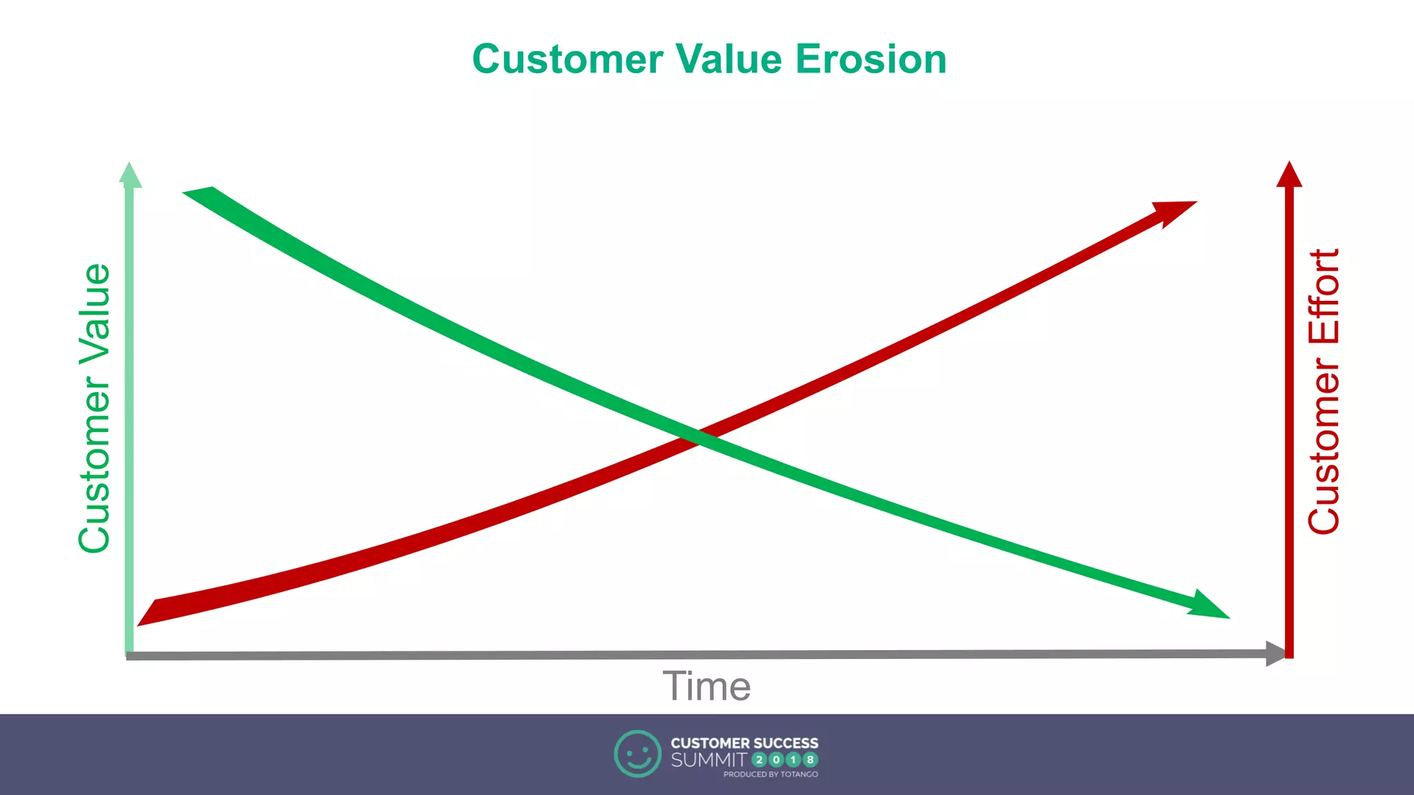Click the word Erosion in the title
(x=871, y=59)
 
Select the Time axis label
(x=706, y=686)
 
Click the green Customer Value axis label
(x=95, y=408)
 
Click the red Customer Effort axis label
(x=1324, y=391)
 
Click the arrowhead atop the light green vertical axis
(x=130, y=175)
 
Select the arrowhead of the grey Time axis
(x=1275, y=653)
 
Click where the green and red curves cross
(x=699, y=437)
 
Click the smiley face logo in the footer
(x=637, y=754)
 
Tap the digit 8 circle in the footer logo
(x=810, y=760)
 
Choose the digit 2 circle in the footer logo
(x=759, y=760)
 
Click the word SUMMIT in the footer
(x=708, y=760)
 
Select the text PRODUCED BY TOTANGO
(x=771, y=774)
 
